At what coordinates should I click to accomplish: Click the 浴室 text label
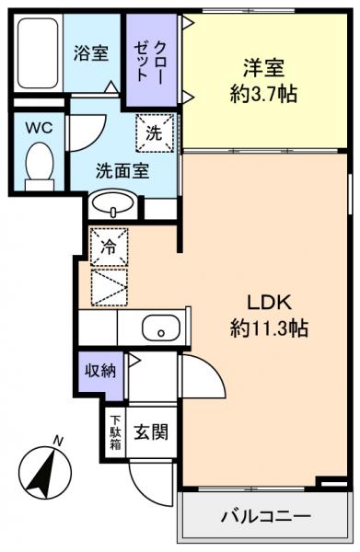[x=91, y=52]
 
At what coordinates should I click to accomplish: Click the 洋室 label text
[x=262, y=68]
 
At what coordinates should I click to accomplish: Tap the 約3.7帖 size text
[x=262, y=94]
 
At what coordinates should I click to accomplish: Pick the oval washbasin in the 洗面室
[x=115, y=202]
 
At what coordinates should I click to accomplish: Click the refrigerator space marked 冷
[x=109, y=247]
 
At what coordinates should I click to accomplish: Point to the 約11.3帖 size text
[x=269, y=328]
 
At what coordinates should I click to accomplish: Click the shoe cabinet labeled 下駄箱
[x=115, y=431]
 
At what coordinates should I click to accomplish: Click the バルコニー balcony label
[x=265, y=515]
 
